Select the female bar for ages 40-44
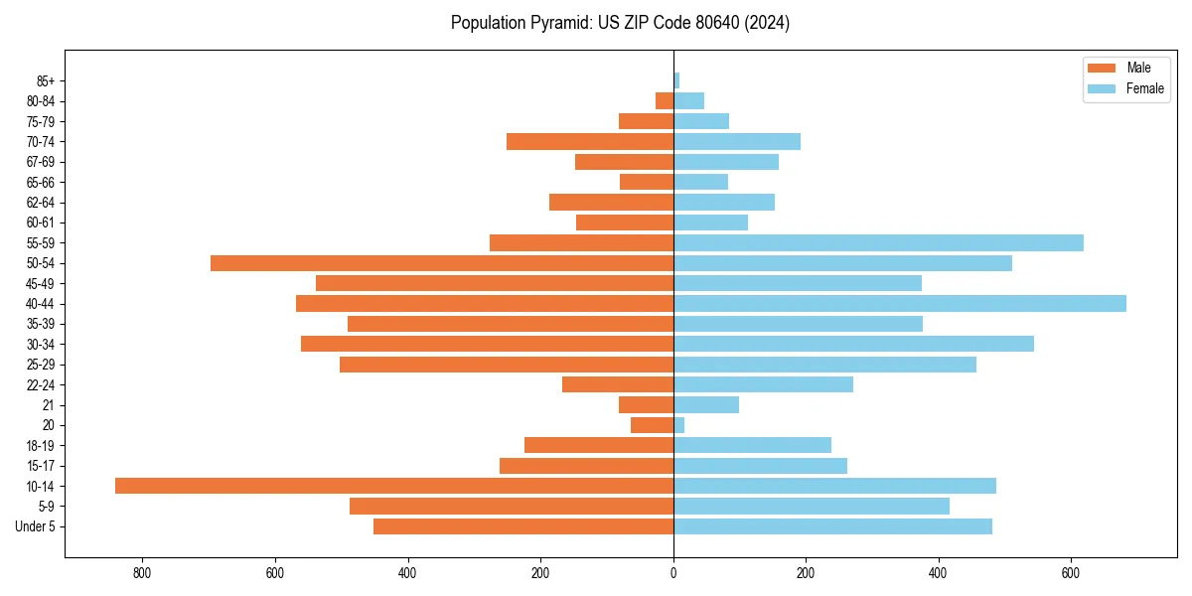pos(900,304)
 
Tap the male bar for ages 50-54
pos(442,263)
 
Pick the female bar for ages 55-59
pos(878,243)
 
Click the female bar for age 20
pos(679,425)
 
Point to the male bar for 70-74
pos(590,142)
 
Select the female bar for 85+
pos(676,80)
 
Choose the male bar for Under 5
pos(523,526)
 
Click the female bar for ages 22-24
pos(763,384)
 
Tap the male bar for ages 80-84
pos(665,101)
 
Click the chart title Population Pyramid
pos(620,23)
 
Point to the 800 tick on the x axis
pos(142,573)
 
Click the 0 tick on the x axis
pos(673,573)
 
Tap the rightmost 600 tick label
pos(1071,573)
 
